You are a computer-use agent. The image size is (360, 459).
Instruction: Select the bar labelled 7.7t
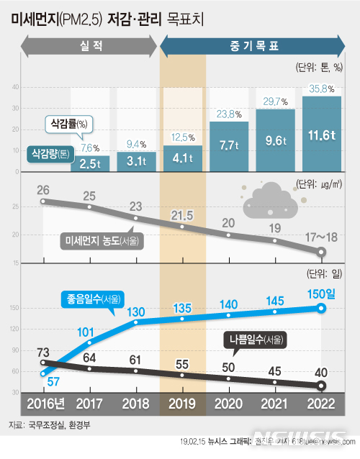[x=229, y=147]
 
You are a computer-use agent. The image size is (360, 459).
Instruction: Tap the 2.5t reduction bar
[x=91, y=164]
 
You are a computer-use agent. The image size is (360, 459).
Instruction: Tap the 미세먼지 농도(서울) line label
[x=101, y=240]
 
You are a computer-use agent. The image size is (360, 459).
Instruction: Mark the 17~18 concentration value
[x=320, y=235]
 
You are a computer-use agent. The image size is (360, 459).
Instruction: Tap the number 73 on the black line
[x=44, y=352]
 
